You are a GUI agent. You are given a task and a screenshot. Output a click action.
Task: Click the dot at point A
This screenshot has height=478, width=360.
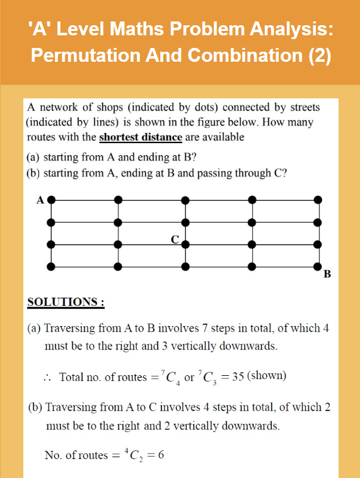pyautogui.click(x=52, y=200)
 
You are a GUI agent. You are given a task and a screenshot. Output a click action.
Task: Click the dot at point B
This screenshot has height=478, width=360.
pyautogui.click(x=318, y=267)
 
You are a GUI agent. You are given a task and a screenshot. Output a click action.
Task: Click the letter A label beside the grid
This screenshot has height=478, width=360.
pyautogui.click(x=40, y=199)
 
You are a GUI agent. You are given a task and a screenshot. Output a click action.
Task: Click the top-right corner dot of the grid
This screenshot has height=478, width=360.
pyautogui.click(x=318, y=200)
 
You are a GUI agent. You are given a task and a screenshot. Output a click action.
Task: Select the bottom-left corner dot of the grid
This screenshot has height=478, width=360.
pyautogui.click(x=52, y=267)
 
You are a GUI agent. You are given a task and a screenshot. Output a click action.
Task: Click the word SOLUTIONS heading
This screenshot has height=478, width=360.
pyautogui.click(x=66, y=302)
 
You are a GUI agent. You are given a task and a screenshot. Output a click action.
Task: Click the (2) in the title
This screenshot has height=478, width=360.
pyautogui.click(x=320, y=55)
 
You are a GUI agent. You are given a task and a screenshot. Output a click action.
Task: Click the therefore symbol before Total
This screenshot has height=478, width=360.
pyautogui.click(x=47, y=377)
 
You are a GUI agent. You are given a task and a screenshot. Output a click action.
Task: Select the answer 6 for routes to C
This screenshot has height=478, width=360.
pyautogui.click(x=161, y=455)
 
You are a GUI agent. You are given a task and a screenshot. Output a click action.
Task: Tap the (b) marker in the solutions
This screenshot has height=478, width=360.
pyautogui.click(x=37, y=407)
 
